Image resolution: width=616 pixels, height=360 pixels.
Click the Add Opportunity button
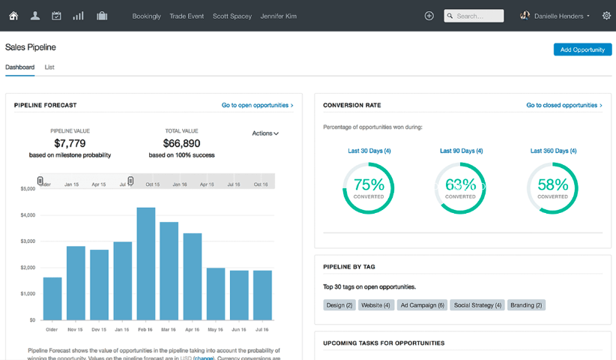pyautogui.click(x=582, y=49)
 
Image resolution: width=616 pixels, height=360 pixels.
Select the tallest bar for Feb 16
pyautogui.click(x=146, y=263)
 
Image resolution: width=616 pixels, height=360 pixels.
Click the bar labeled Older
pyautogui.click(x=52, y=298)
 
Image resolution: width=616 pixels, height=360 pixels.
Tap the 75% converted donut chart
pyautogui.click(x=369, y=187)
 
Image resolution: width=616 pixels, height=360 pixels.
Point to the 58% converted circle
pyautogui.click(x=552, y=187)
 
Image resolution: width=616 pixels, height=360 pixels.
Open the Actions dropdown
pyautogui.click(x=265, y=133)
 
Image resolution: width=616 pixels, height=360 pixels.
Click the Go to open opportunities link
pyautogui.click(x=257, y=106)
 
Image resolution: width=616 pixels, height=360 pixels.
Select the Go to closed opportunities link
pyautogui.click(x=564, y=106)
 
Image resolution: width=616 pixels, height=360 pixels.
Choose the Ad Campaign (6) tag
pyautogui.click(x=423, y=305)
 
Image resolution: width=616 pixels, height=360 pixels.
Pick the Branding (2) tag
pyautogui.click(x=526, y=305)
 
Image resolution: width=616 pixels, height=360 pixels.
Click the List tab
pyautogui.click(x=49, y=67)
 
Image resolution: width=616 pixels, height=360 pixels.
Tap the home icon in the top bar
pyautogui.click(x=13, y=16)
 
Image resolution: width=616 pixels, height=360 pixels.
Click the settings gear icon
pyautogui.click(x=606, y=16)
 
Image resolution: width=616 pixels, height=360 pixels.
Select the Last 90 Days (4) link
pyautogui.click(x=461, y=151)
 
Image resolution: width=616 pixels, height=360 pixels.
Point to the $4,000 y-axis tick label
pyautogui.click(x=28, y=215)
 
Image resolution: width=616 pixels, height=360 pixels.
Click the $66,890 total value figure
pyautogui.click(x=181, y=143)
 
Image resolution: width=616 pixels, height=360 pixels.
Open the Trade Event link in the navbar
pyautogui.click(x=187, y=16)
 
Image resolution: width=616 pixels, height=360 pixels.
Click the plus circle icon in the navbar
pyautogui.click(x=429, y=16)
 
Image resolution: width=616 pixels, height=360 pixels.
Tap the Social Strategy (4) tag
pyautogui.click(x=477, y=305)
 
